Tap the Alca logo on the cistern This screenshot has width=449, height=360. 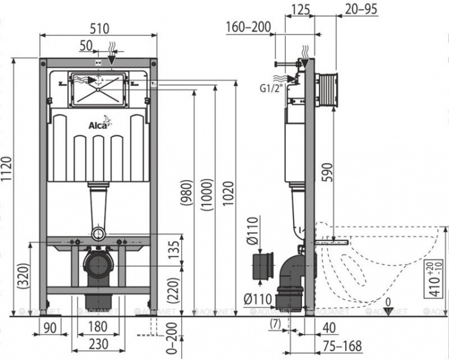tap(98, 124)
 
